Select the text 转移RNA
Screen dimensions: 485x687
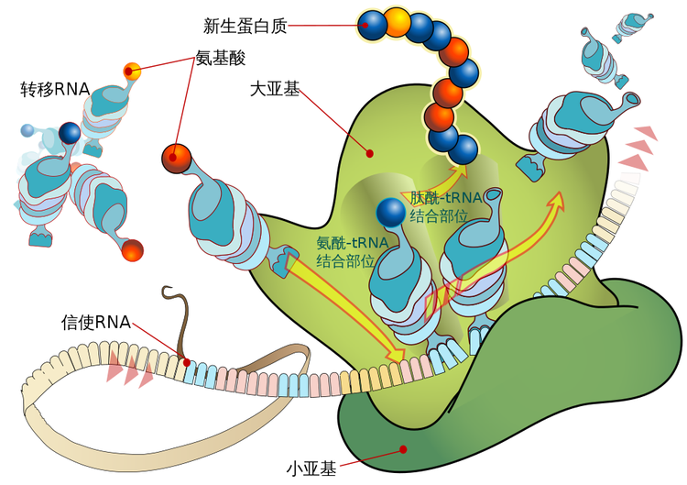[x=54, y=90]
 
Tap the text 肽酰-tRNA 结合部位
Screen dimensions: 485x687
[x=439, y=206]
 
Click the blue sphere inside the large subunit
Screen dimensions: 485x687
[x=391, y=211]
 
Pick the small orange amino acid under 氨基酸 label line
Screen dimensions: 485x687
[x=132, y=69]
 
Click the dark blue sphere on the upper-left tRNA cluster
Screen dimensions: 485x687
[x=70, y=134]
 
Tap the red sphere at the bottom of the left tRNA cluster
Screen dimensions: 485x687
[x=133, y=248]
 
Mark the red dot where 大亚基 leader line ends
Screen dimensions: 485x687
[x=370, y=153]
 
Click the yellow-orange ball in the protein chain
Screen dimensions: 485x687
[x=398, y=23]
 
